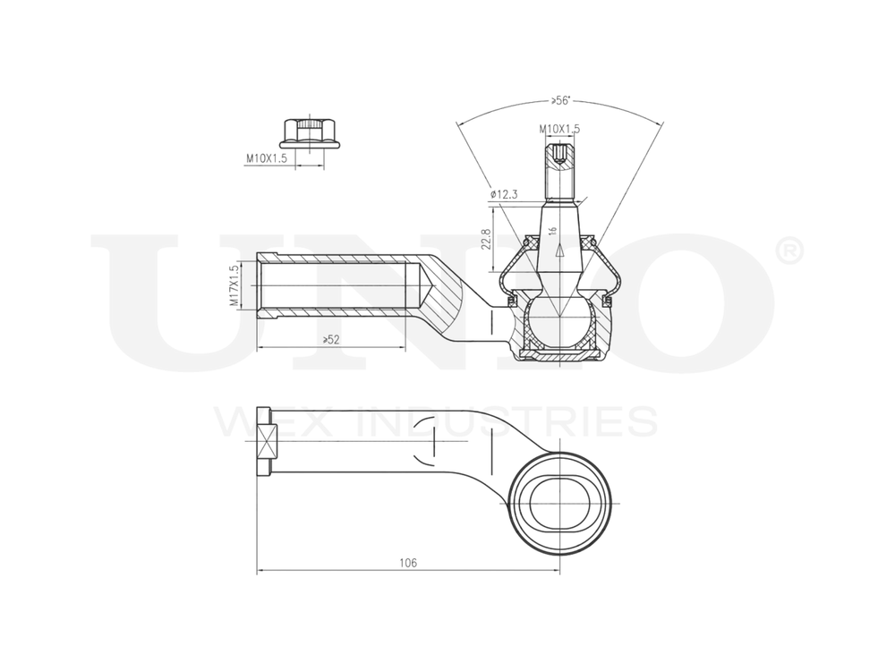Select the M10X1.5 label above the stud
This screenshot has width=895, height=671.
click(559, 129)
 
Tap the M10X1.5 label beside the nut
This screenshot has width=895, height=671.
click(267, 158)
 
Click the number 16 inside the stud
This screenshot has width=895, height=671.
click(554, 231)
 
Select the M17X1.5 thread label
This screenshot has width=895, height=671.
click(234, 286)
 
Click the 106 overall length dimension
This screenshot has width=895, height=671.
click(408, 563)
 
